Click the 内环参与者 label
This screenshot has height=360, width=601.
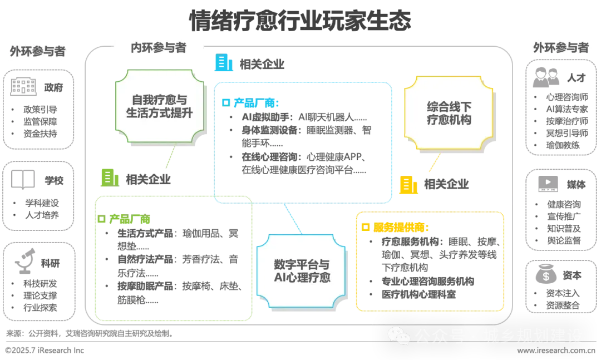point(158,48)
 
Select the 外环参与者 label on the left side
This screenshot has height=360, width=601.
point(37,51)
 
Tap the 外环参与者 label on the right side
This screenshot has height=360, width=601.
point(560,48)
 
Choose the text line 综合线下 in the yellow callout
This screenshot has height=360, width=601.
point(449,106)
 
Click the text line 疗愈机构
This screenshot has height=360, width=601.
point(449,120)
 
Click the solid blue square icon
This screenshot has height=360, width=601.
point(223,63)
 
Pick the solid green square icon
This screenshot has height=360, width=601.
point(109,177)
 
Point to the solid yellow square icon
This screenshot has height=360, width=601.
point(408,185)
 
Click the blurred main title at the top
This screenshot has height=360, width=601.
point(301,21)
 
